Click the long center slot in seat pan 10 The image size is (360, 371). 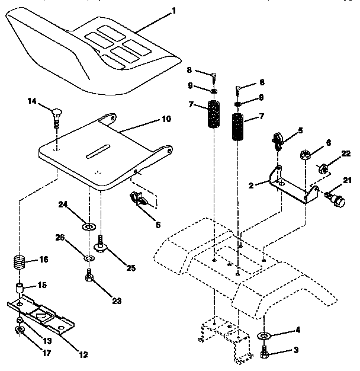pos(104,152)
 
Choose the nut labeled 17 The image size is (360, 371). pos(20,330)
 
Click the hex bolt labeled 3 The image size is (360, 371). pos(265,353)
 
